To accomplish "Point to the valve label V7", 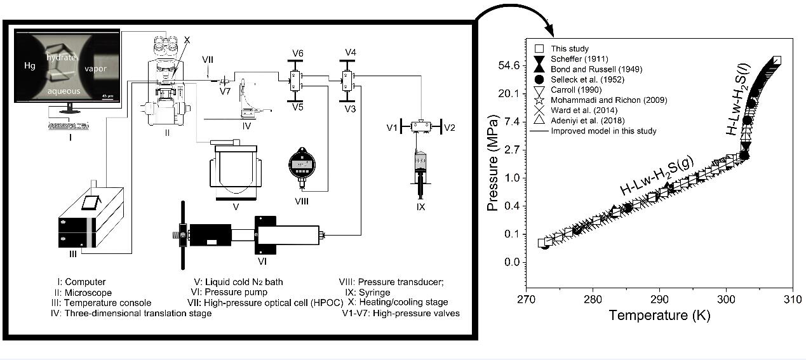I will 224,91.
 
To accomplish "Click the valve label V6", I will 293,51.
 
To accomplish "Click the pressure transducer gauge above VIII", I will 301,166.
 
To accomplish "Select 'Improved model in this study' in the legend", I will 603,131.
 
